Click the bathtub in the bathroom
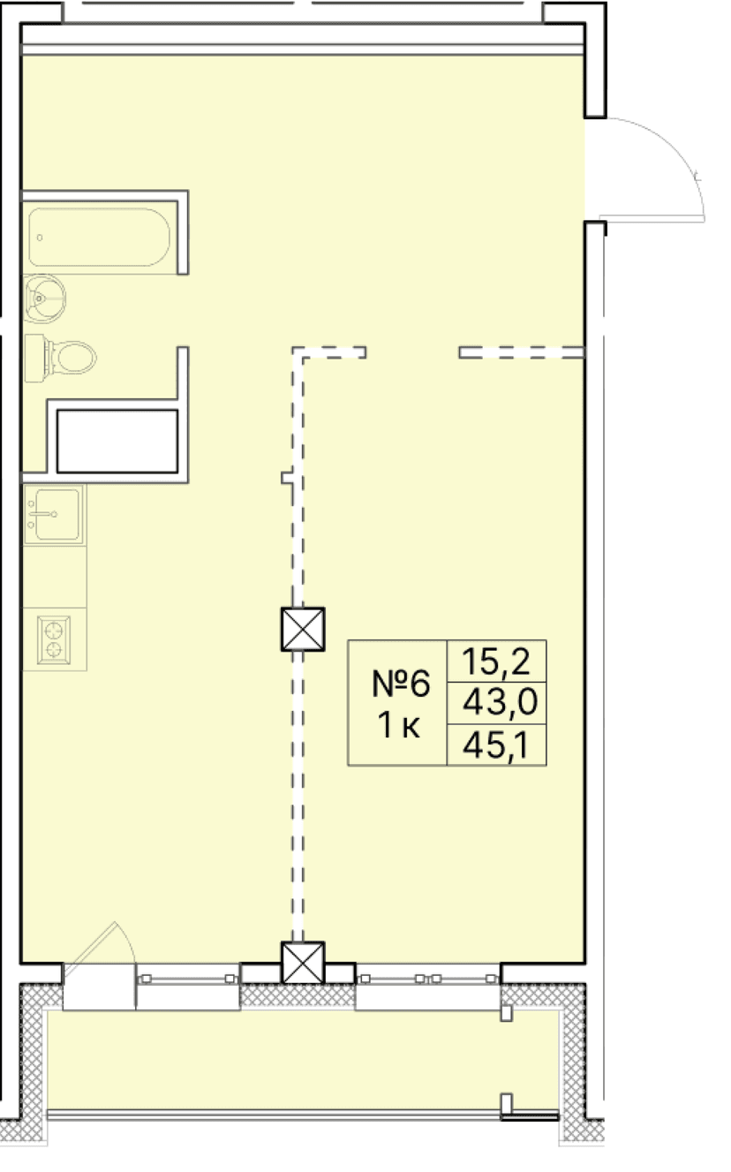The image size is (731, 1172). [99, 237]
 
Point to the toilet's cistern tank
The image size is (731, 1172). [34, 358]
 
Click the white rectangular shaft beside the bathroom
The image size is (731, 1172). [117, 440]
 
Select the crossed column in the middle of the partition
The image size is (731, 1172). [303, 629]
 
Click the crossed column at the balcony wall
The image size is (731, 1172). [303, 962]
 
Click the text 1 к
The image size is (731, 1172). [398, 726]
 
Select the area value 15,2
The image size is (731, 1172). [497, 661]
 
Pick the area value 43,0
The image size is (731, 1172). [497, 703]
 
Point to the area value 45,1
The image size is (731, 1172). [497, 745]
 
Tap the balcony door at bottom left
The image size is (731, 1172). [98, 987]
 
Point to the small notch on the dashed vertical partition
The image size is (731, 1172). [287, 478]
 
